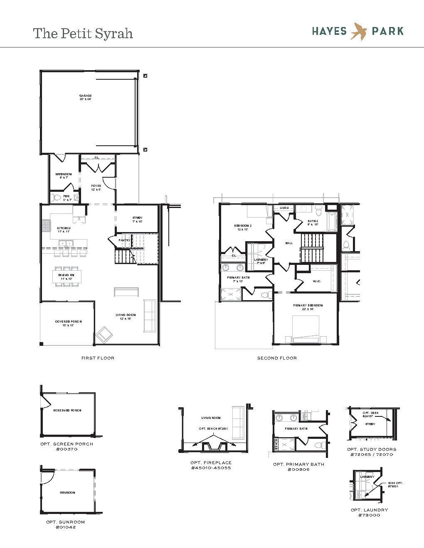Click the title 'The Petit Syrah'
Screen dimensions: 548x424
[83, 33]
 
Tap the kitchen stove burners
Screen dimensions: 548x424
[45, 225]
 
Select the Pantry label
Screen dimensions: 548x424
[124, 240]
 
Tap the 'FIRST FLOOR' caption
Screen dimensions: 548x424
[98, 358]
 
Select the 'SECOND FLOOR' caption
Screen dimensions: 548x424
[277, 358]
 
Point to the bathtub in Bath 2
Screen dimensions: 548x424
[331, 222]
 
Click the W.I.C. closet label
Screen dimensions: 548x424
[317, 281]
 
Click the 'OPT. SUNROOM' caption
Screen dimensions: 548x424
[65, 522]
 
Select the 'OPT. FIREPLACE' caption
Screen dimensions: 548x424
[211, 462]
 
